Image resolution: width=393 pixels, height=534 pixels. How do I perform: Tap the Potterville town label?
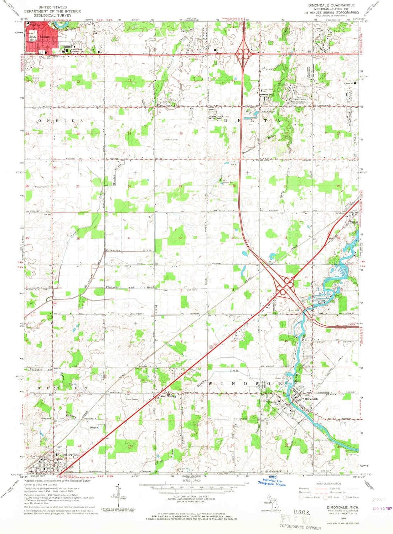coord(68,455)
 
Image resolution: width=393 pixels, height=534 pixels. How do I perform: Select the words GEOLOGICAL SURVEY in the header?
coord(50,16)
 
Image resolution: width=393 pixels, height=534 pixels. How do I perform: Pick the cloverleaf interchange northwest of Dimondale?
coord(285,285)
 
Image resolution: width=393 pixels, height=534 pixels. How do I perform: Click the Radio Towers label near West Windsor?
coord(131,399)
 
